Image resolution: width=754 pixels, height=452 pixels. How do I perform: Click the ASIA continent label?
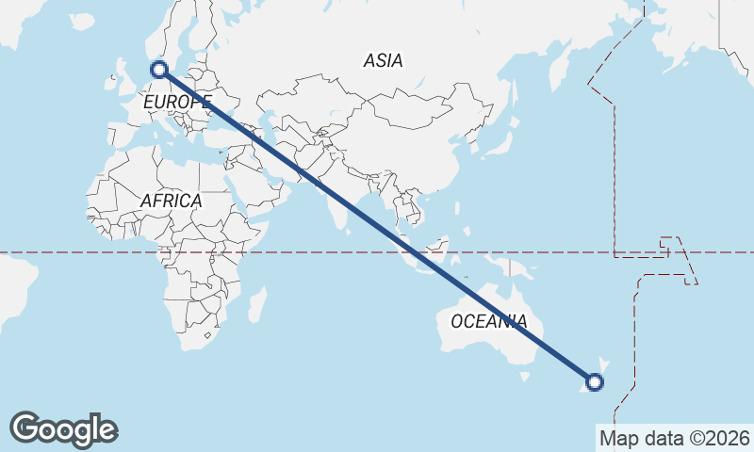click(x=383, y=60)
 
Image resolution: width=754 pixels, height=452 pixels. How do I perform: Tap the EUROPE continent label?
click(x=177, y=101)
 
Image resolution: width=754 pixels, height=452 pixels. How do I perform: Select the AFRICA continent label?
click(x=171, y=201)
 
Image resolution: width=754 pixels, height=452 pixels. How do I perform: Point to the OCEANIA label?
click(x=488, y=321)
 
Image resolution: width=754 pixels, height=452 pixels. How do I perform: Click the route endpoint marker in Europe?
click(x=159, y=69)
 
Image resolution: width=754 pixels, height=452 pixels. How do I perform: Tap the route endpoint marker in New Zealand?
click(x=595, y=381)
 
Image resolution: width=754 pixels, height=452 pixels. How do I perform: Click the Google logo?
click(x=63, y=429)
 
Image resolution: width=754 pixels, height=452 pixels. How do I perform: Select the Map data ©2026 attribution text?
click(x=675, y=438)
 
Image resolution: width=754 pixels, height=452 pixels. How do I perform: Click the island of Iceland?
click(x=82, y=21)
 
